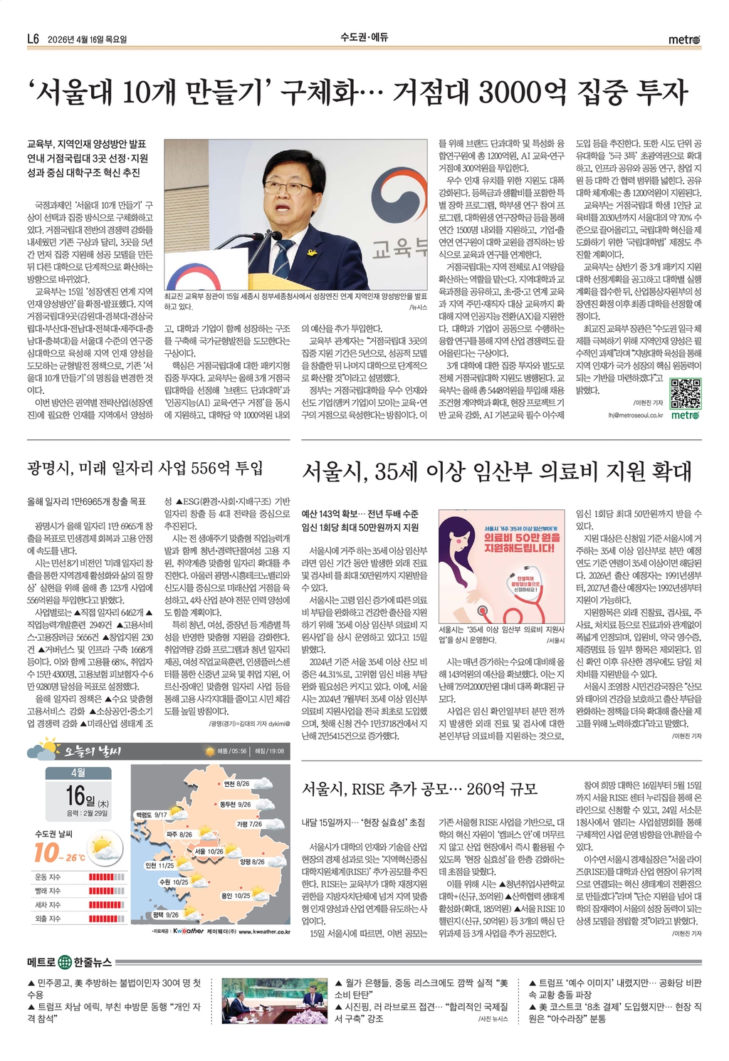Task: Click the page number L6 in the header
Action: [33, 39]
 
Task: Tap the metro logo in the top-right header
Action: [684, 40]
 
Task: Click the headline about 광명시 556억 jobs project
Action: [145, 468]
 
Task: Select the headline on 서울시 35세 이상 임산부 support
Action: [497, 471]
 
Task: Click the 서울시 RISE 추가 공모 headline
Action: [419, 789]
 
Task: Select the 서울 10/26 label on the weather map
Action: [209, 851]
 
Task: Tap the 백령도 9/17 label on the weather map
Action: [151, 815]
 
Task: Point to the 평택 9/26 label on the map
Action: [164, 914]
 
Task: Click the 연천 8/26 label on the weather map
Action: [236, 783]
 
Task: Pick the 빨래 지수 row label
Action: [48, 891]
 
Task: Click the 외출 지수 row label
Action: [48, 919]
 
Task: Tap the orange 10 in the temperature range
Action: [46, 853]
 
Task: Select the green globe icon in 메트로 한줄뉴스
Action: [65, 962]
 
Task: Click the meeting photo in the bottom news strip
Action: [274, 1000]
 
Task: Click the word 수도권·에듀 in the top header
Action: [364, 37]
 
